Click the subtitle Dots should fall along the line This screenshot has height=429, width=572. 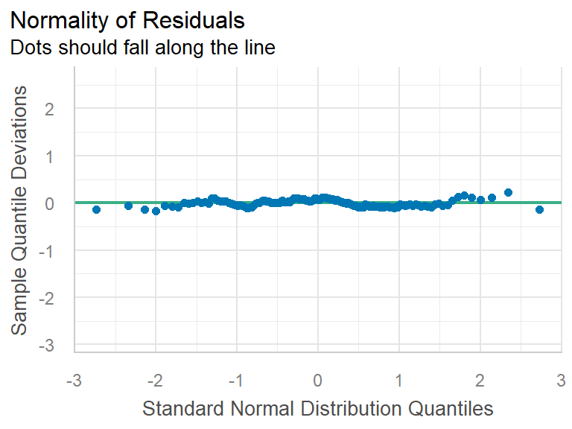click(142, 48)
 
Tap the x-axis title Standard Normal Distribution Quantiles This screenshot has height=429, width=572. click(317, 408)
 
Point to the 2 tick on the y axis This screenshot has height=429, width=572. click(60, 109)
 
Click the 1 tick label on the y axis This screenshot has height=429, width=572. click(60, 156)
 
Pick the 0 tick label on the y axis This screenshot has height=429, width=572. click(60, 203)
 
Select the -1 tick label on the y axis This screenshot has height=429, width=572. click(57, 250)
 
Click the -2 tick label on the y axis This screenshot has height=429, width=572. click(57, 298)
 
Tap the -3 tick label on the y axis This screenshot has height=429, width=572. click(57, 346)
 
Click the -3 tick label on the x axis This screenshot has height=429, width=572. click(74, 380)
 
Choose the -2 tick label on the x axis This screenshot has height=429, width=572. click(155, 380)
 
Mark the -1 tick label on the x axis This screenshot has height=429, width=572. click(236, 380)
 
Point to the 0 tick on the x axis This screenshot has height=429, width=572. click(318, 380)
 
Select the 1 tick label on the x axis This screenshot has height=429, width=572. click(399, 380)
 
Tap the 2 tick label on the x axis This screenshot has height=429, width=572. click(480, 380)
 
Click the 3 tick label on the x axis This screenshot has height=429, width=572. click(561, 380)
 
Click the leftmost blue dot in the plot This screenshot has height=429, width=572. click(96, 210)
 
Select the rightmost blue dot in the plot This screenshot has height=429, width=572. click(539, 210)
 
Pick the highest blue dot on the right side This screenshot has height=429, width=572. click(508, 192)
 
